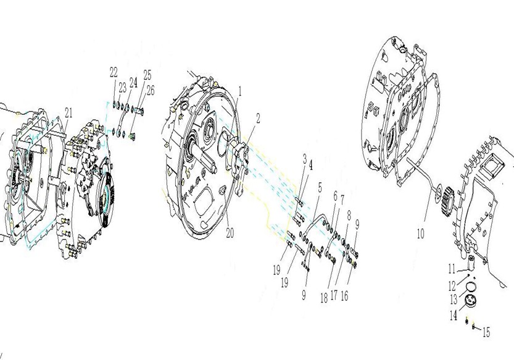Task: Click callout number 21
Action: click(x=68, y=113)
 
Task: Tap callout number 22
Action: click(x=114, y=72)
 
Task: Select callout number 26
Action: click(x=151, y=91)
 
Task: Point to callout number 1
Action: click(x=240, y=91)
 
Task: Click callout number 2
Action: click(x=258, y=119)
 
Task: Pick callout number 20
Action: click(x=230, y=233)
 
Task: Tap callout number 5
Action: click(x=320, y=188)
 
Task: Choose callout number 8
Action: click(x=349, y=216)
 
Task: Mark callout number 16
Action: click(x=344, y=296)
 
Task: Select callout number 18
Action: click(x=324, y=298)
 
